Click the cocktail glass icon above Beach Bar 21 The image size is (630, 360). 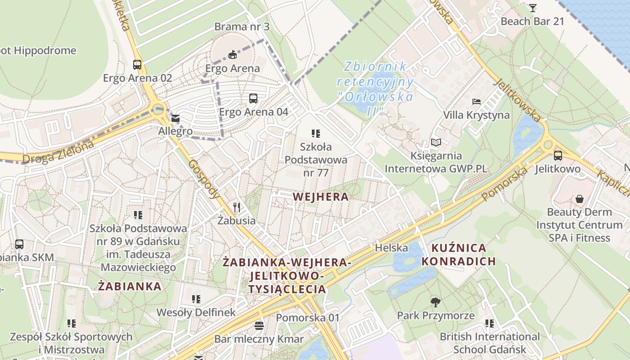click(533, 8)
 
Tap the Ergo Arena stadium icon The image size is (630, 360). click(232, 55)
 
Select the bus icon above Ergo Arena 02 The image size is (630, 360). click(137, 65)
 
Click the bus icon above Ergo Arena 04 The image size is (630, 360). click(253, 99)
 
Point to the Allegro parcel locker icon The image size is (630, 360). click(175, 119)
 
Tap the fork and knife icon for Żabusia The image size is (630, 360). click(237, 207)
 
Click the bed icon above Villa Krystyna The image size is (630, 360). click(477, 102)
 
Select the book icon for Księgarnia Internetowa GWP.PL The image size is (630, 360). click(436, 143)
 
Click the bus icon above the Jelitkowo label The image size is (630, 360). click(558, 156)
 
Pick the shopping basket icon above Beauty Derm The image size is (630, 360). click(580, 199)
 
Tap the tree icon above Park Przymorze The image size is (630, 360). click(435, 302)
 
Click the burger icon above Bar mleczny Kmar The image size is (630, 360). click(259, 326)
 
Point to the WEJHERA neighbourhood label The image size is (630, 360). click(320, 197)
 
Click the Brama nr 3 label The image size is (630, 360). click(242, 27)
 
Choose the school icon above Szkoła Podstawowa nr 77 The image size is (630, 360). click(316, 133)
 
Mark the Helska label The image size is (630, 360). click(391, 248)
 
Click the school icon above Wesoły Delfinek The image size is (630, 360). click(196, 299)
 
